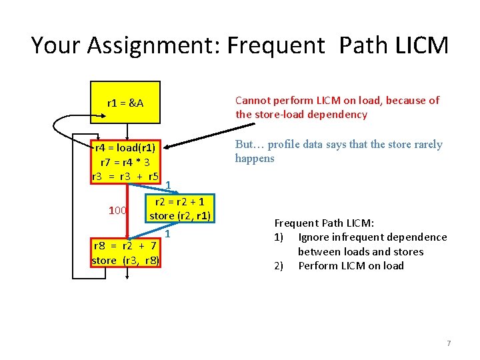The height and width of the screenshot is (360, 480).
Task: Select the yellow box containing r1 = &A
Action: [125, 103]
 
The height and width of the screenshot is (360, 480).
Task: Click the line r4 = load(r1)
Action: [125, 147]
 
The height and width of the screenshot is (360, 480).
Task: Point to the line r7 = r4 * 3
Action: [125, 162]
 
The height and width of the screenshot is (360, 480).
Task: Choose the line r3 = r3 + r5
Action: [125, 177]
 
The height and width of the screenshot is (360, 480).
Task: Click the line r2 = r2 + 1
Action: [180, 201]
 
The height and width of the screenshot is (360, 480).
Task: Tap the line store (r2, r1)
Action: [180, 216]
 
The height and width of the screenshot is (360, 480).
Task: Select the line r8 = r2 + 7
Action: [125, 245]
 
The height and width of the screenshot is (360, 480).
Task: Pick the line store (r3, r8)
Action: [125, 260]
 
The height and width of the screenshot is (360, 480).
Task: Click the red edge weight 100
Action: [117, 211]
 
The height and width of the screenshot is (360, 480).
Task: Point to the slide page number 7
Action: [449, 343]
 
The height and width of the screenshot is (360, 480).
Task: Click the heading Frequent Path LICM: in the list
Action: [324, 223]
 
